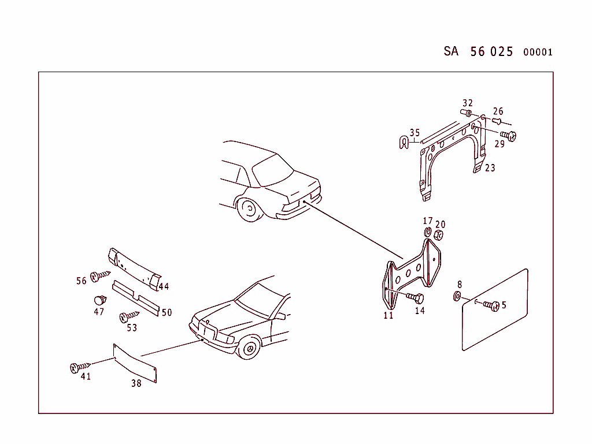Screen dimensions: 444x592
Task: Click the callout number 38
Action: (x=136, y=383)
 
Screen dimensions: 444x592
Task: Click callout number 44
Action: (x=164, y=286)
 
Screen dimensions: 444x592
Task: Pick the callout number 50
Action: (x=166, y=312)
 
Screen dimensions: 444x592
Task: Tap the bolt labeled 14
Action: (x=416, y=298)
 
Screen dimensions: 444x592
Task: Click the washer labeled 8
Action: (x=457, y=297)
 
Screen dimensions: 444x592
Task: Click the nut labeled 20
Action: (x=439, y=235)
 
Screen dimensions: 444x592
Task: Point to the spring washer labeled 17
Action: (x=428, y=232)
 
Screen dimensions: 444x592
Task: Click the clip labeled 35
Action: (x=402, y=142)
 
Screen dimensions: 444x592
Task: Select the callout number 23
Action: (x=490, y=168)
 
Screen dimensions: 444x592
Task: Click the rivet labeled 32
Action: (x=467, y=112)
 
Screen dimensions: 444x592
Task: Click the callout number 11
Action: (x=388, y=315)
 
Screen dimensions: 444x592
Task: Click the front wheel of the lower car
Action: (x=250, y=348)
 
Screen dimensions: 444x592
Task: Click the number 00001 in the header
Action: (x=538, y=52)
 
